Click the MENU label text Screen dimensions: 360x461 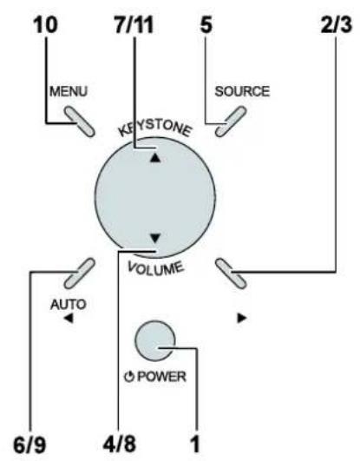[x=69, y=91]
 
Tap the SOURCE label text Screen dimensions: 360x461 [x=242, y=91]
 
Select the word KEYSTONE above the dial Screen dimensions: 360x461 [x=155, y=128]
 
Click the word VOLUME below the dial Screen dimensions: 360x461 [x=156, y=269]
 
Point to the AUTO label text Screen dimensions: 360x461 [x=69, y=305]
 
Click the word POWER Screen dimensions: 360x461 [x=162, y=377]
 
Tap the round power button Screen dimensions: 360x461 [x=155, y=340]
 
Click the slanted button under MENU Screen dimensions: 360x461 [x=80, y=122]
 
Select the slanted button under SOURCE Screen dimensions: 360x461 [x=231, y=122]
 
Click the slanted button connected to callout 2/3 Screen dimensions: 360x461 [x=231, y=273]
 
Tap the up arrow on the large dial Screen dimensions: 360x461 [x=155, y=158]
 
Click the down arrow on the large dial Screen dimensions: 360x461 [x=155, y=238]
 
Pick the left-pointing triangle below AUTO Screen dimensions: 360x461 [x=69, y=318]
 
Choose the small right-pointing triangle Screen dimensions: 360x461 [x=241, y=318]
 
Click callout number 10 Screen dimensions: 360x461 [x=45, y=25]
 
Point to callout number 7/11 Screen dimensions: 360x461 [x=134, y=25]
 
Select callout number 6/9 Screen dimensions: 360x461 [x=29, y=445]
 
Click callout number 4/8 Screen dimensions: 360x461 [x=120, y=444]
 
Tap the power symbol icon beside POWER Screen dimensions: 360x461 [x=129, y=377]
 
